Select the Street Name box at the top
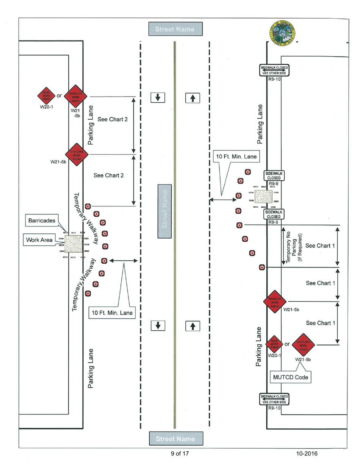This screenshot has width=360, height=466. pos(175,29)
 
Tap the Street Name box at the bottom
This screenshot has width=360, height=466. pos(175,438)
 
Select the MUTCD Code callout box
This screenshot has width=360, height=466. pos(291,377)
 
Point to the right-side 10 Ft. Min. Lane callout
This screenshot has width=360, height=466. pos(235,155)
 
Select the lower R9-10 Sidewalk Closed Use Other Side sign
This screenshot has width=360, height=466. pos(274,399)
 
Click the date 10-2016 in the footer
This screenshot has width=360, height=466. pos(307,453)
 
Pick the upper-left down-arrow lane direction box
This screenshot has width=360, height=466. pos(158,97)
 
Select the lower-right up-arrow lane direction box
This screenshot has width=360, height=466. pos(193,325)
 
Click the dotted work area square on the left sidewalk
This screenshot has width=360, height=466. pos(74,244)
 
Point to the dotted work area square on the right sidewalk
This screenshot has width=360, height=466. pos(263,197)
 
